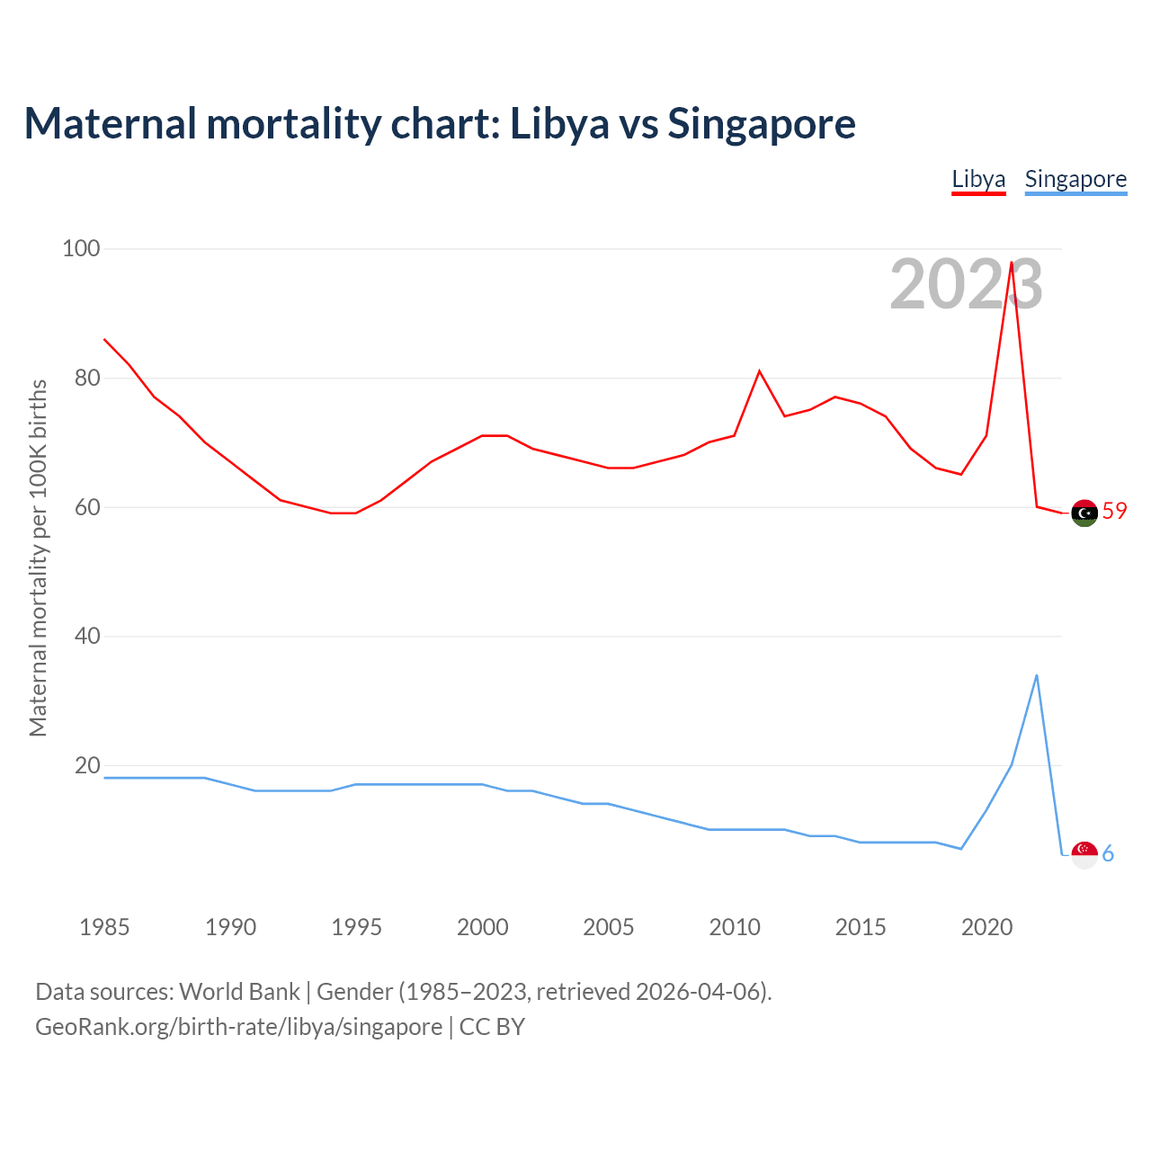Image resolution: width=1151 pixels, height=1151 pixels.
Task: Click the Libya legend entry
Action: point(978,179)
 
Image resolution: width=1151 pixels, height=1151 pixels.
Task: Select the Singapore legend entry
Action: point(1075,179)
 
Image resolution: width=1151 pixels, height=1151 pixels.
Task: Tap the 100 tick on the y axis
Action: point(81,248)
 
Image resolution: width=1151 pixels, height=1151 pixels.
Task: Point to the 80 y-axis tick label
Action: point(87,378)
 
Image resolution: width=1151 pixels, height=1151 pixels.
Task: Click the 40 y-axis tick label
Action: point(87,636)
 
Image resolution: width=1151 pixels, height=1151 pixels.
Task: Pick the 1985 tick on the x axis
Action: point(104,927)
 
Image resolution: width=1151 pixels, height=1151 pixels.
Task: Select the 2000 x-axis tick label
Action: point(482,927)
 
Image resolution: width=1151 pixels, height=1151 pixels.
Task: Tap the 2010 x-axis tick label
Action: point(735,927)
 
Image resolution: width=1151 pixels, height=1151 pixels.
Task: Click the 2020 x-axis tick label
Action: point(986,927)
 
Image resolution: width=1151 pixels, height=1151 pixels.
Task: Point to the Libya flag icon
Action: point(1084,513)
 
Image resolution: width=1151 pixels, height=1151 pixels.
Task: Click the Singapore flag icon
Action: point(1084,854)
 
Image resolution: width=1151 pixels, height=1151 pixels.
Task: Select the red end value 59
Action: point(1114,511)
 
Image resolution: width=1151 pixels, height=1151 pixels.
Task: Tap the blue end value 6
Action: point(1108,853)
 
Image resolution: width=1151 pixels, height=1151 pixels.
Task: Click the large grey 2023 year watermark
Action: point(966,285)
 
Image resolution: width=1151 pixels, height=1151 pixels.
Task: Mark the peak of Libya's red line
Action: point(1012,263)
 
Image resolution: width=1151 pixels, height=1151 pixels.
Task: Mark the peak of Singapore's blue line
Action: point(1037,675)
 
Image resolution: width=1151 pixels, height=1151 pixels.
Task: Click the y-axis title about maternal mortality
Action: point(38,558)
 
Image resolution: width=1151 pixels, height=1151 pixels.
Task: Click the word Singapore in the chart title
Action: point(761,123)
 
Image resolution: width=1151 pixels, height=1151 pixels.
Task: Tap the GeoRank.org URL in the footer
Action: point(238,1027)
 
